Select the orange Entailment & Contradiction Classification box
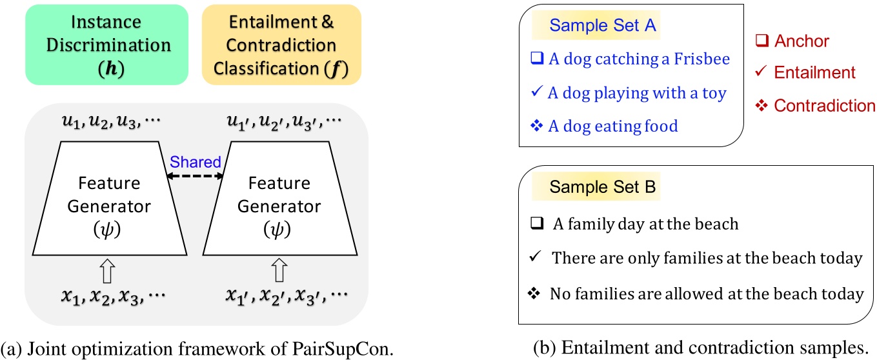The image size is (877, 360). (282, 45)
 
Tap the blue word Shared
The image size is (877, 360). (195, 162)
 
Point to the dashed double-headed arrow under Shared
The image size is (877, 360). (195, 175)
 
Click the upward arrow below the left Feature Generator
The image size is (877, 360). (107, 272)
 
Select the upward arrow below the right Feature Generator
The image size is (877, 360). (279, 272)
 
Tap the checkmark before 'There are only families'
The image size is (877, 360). (534, 258)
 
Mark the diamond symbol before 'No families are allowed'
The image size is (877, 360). (534, 294)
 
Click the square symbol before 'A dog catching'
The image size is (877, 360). (537, 59)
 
